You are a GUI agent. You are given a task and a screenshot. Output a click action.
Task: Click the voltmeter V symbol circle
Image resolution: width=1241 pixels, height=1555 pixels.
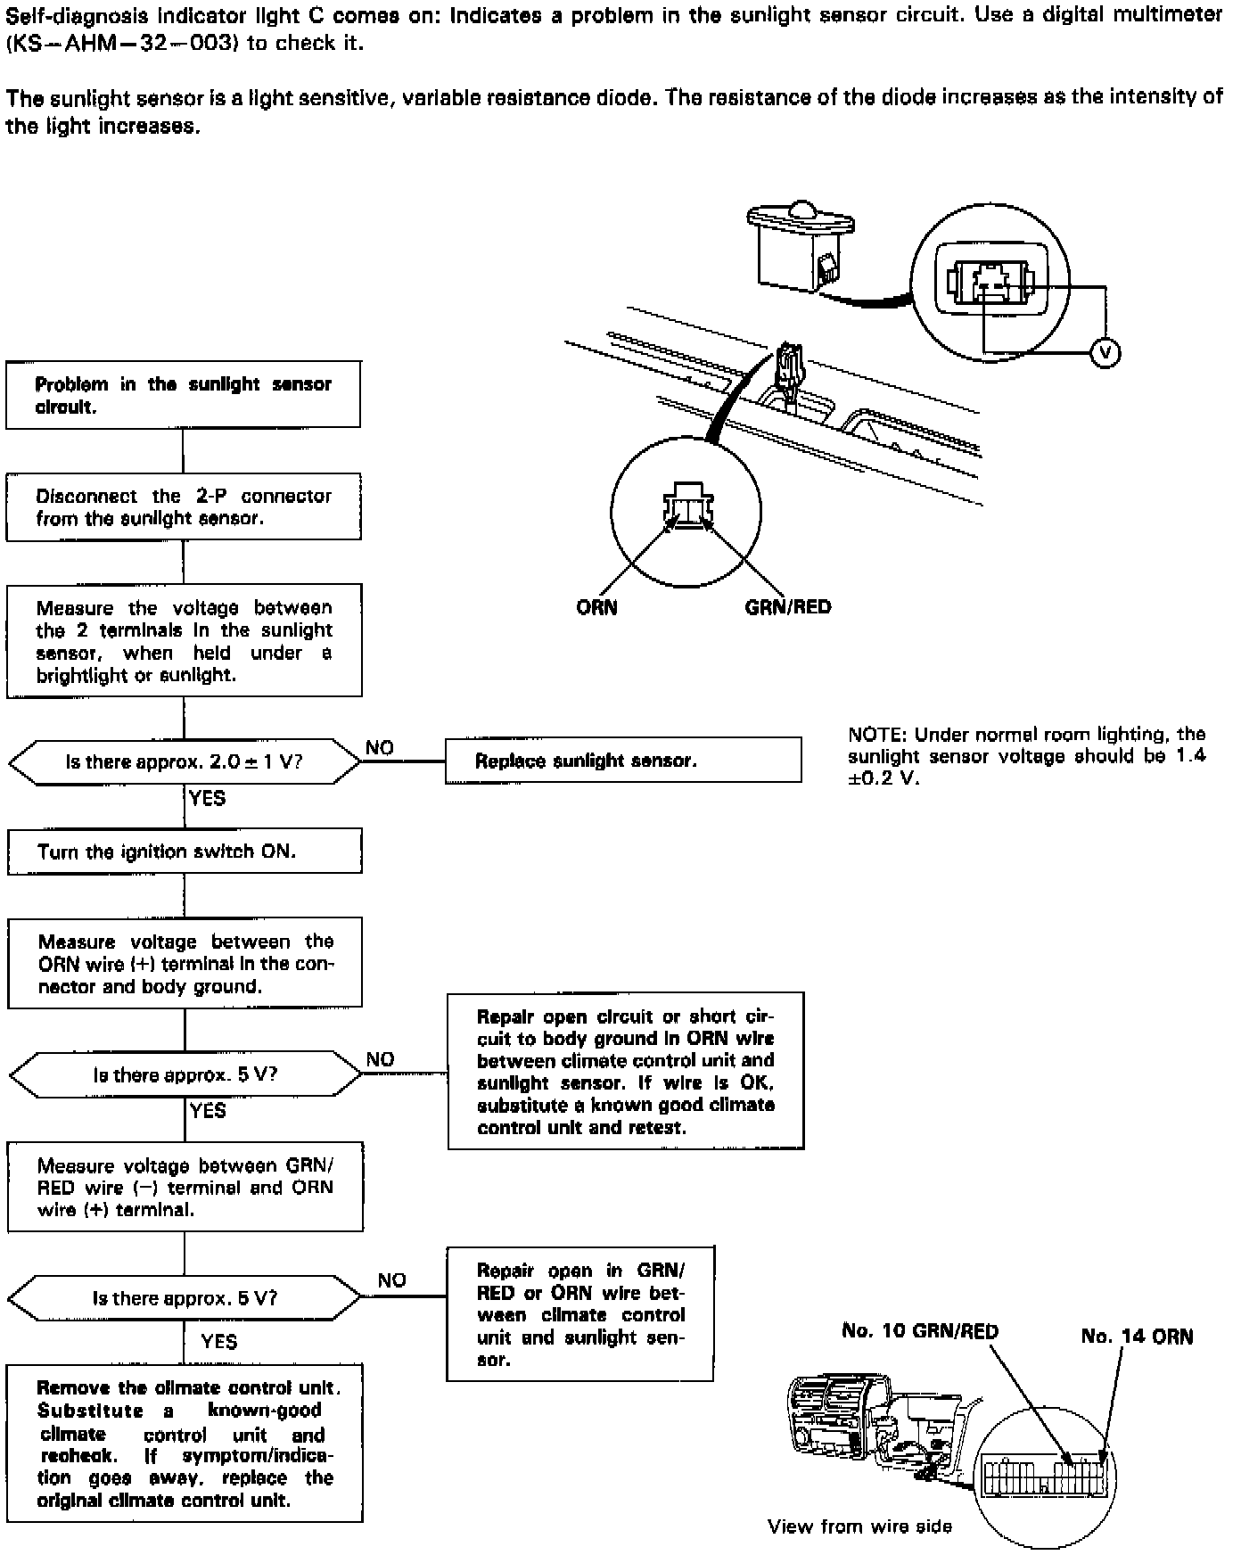(x=1105, y=354)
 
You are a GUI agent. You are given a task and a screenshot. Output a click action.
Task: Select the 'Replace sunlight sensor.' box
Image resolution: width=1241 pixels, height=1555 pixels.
(x=622, y=761)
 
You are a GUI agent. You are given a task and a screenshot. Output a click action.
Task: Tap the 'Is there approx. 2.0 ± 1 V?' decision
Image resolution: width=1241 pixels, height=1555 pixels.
(x=185, y=762)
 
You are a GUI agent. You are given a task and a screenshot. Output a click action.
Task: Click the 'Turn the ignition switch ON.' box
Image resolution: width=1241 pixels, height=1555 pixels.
(x=185, y=852)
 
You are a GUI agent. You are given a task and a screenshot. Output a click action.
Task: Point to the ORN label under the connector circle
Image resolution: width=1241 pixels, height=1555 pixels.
(x=596, y=608)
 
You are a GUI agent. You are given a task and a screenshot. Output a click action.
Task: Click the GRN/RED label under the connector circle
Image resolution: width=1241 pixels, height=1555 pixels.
(x=788, y=608)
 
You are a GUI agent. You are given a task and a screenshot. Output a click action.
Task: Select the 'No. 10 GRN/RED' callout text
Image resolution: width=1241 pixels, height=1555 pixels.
(x=920, y=1331)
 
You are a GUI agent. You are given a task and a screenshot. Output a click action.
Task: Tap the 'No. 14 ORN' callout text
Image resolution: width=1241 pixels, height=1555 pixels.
(x=1137, y=1336)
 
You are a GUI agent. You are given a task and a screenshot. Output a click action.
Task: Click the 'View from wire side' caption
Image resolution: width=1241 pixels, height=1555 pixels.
(x=859, y=1527)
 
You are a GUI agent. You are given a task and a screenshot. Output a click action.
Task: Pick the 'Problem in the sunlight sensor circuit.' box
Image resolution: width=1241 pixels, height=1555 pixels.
(x=183, y=395)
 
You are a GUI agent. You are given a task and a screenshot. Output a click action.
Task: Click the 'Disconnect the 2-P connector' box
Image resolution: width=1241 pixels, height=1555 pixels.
(x=183, y=507)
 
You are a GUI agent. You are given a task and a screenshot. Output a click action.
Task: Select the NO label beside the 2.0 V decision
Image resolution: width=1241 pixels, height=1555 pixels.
(x=380, y=748)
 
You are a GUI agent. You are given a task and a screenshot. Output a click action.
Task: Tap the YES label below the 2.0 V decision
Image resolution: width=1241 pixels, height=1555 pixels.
(x=207, y=799)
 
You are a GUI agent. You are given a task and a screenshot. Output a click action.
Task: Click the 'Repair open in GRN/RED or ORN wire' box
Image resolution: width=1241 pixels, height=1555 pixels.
(x=579, y=1314)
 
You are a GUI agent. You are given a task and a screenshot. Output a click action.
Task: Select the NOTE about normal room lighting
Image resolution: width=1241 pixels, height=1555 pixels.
(x=1026, y=756)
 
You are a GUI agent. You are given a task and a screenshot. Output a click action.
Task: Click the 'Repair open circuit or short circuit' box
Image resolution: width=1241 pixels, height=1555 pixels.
(x=625, y=1071)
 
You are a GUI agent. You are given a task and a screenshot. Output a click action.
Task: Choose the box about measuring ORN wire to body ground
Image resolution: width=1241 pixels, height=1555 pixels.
(x=185, y=964)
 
